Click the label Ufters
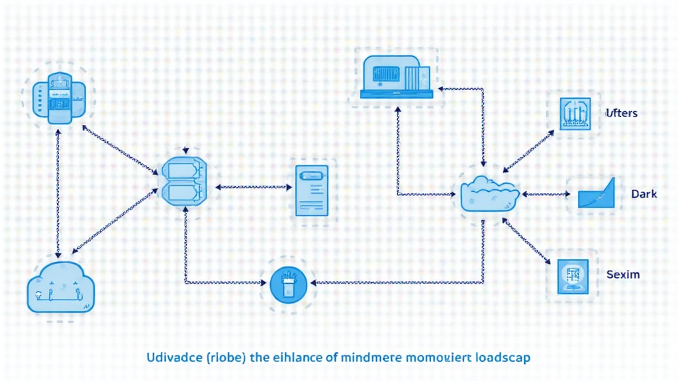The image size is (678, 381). point(621,113)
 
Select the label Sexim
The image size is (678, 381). point(623,274)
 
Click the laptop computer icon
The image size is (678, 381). point(397,75)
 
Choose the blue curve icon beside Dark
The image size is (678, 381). point(597,194)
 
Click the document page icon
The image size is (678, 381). point(311,191)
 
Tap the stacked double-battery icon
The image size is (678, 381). point(183,180)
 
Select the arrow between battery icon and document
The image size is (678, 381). point(254,187)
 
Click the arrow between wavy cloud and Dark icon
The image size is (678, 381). point(546,194)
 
